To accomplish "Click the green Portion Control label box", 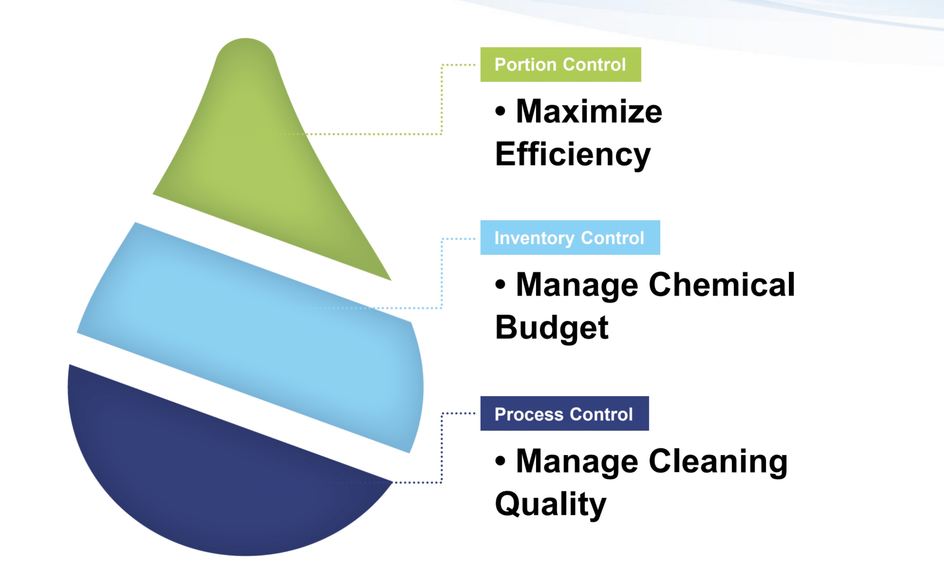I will pos(560,64).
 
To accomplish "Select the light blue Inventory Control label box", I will pos(570,237).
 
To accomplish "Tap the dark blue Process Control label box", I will pos(564,414).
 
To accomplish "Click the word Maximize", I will pos(589,111).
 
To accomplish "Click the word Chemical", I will pos(722,285).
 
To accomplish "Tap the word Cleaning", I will pos(718,462).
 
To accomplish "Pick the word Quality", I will pos(551,505).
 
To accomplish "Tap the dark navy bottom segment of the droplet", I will pos(216,482).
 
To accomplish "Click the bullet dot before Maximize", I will pos(500,111).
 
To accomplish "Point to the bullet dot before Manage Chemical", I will pos(500,285).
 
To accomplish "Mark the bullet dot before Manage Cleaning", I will pos(500,461).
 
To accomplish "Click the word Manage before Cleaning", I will pos(577,462).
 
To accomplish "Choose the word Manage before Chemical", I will pos(577,285).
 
